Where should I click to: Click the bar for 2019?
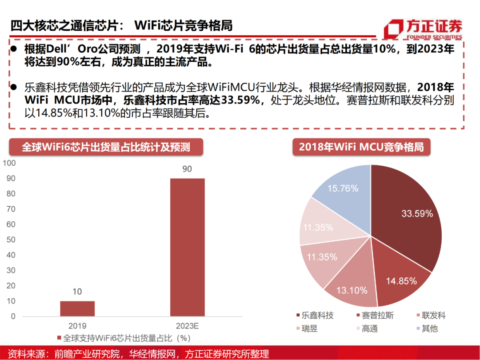pyautogui.click(x=77, y=308)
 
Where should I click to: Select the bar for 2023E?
pyautogui.click(x=187, y=247)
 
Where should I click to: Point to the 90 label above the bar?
pyautogui.click(x=187, y=169)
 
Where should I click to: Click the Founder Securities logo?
pyautogui.click(x=422, y=29)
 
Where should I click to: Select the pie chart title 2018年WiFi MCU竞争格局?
pyautogui.click(x=361, y=147)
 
